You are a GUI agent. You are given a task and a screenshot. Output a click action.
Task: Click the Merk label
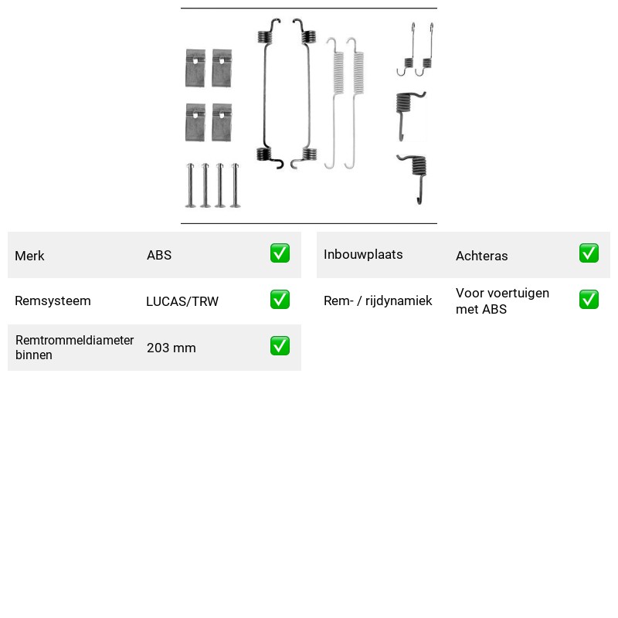[x=29, y=256]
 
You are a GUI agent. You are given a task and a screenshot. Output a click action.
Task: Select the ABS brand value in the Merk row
[x=159, y=255]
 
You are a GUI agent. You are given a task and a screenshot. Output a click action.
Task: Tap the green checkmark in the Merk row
[x=280, y=253]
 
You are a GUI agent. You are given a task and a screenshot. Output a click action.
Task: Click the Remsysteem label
[x=53, y=301]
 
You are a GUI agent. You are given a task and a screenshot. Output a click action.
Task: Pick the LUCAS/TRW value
[x=182, y=301]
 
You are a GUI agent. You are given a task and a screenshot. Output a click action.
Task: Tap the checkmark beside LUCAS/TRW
[x=280, y=300]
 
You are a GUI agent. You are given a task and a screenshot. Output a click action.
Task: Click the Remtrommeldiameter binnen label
[x=74, y=347]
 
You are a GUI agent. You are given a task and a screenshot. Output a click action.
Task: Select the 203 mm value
[x=171, y=348]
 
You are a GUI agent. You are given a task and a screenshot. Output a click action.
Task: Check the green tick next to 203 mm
[x=280, y=345]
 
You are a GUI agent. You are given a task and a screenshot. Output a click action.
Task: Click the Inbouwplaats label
[x=363, y=255]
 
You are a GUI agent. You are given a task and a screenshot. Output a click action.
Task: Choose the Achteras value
[x=481, y=256]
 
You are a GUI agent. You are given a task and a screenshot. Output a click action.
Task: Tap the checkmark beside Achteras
[x=589, y=253]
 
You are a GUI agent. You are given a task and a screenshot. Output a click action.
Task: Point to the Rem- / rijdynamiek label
[x=378, y=301]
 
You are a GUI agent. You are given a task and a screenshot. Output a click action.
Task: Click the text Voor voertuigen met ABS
[x=503, y=301]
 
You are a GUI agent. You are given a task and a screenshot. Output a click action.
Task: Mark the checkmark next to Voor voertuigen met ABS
[x=589, y=300]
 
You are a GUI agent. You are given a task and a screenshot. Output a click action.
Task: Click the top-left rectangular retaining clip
[x=195, y=68]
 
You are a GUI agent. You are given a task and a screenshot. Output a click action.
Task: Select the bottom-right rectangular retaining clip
[x=222, y=122]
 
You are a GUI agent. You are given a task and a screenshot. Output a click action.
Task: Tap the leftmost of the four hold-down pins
[x=190, y=185]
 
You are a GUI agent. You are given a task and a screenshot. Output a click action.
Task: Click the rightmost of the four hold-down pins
[x=236, y=185]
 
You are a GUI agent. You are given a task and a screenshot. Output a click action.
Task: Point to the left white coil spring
[x=334, y=103]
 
